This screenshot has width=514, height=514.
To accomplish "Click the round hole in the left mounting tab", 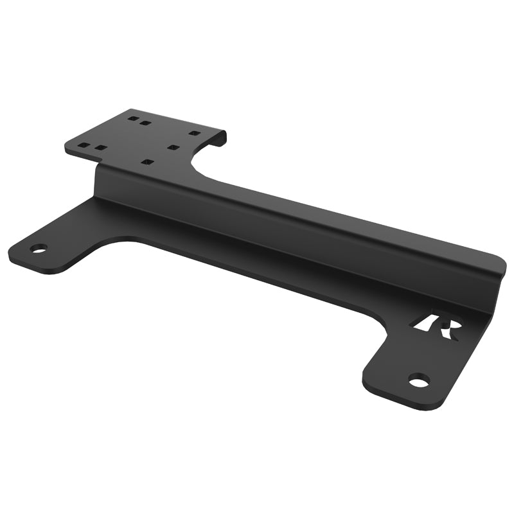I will (x=39, y=249).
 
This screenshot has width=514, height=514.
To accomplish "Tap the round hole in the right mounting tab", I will (x=418, y=381).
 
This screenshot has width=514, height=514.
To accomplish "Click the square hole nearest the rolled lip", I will (x=194, y=133).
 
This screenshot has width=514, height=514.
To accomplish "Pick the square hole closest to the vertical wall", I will (x=147, y=162).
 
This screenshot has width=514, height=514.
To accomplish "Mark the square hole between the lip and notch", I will (x=173, y=147).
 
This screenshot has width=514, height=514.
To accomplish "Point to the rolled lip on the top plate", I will (x=222, y=136).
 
